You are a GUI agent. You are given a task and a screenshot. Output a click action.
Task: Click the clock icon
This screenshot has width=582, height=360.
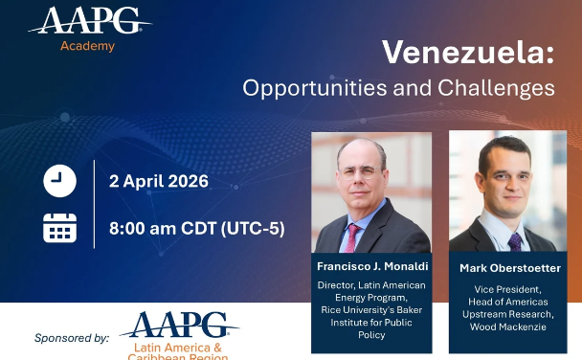pos(59,180)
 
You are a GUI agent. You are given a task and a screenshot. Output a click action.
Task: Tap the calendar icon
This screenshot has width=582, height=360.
pos(59,228)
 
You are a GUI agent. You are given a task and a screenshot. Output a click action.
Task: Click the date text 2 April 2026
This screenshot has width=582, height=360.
pos(159,181)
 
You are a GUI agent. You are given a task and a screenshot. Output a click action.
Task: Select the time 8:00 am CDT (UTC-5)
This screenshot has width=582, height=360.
pos(196,229)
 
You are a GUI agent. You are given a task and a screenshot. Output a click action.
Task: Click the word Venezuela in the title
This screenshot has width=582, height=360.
pos(468,52)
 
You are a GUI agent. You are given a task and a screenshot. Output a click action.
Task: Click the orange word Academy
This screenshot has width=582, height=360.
pos(87,46)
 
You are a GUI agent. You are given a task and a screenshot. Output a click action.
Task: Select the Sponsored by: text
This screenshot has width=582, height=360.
pos(72,338)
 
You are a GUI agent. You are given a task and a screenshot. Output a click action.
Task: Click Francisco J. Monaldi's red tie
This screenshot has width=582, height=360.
pos(353,236)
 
